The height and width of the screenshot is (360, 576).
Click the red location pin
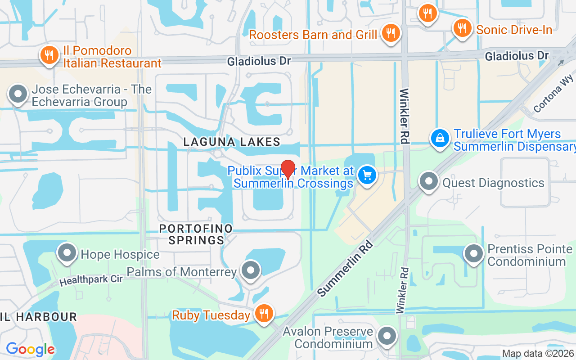288,170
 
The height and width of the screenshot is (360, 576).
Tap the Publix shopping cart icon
367,175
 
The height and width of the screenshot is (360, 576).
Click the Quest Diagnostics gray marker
428,181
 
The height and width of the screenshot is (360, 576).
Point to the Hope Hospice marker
67,253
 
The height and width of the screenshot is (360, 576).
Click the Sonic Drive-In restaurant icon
462,28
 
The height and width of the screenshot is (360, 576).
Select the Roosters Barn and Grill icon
391,33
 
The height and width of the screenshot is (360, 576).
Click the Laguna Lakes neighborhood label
232,142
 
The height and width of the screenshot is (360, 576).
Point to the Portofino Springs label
196,234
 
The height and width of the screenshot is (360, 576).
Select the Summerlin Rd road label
345,269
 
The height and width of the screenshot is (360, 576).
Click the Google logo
30,349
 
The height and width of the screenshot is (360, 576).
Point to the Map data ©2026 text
538,354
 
